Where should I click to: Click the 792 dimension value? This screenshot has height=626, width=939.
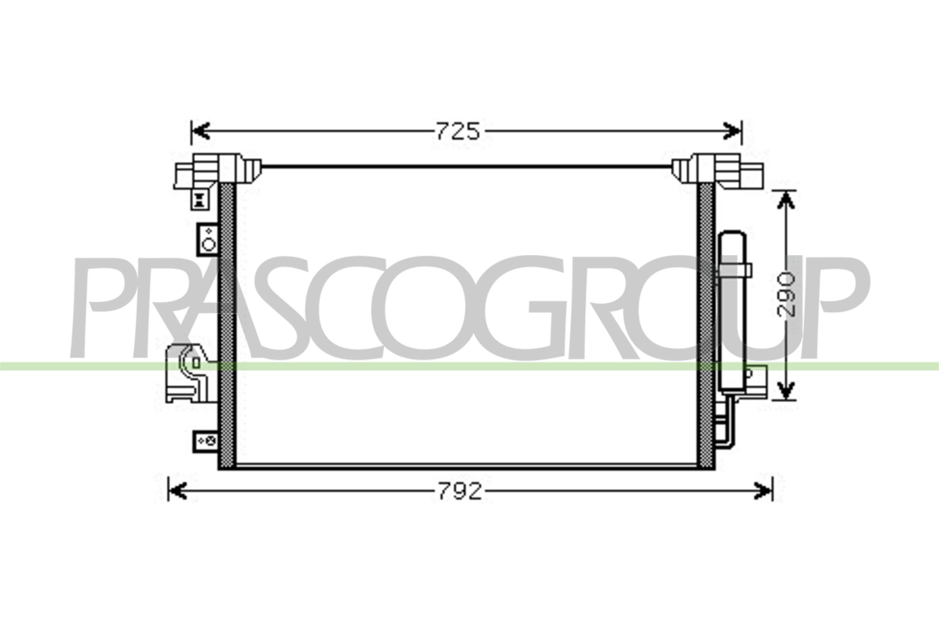click(460, 491)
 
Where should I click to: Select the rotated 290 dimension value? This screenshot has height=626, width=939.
click(786, 295)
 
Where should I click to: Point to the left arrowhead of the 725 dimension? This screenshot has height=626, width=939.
click(201, 131)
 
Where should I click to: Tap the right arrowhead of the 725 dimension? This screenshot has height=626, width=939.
click(732, 131)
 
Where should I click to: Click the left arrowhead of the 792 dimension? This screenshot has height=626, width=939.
click(178, 491)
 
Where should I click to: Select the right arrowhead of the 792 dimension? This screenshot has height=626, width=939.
click(763, 491)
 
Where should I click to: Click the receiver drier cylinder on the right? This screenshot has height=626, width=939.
click(732, 311)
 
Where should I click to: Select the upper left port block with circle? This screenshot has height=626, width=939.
click(208, 239)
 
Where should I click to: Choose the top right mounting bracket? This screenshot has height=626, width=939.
click(719, 172)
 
